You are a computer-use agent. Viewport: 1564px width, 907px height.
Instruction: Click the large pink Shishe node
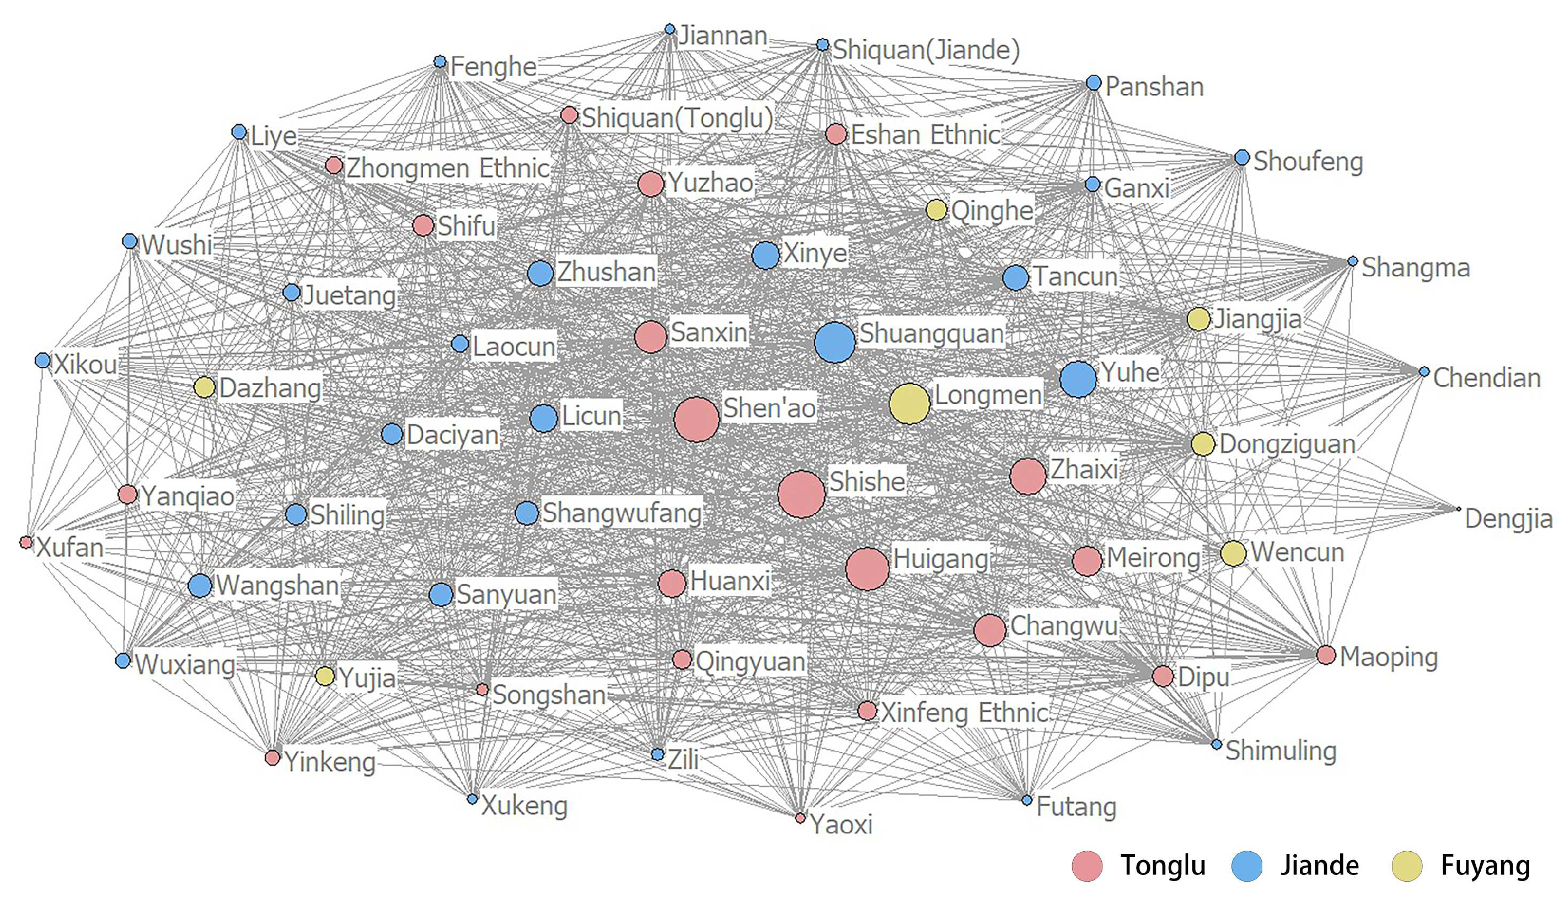tap(801, 494)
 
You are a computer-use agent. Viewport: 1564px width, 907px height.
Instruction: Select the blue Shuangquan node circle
tap(835, 342)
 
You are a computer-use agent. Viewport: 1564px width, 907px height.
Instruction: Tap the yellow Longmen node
tap(909, 403)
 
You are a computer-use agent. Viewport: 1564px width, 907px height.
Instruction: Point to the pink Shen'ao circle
tap(697, 420)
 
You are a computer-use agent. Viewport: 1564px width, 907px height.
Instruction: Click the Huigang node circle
tap(867, 568)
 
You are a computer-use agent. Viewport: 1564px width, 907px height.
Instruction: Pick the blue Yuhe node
tap(1078, 378)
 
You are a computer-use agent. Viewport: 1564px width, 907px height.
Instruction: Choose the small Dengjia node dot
tap(1459, 509)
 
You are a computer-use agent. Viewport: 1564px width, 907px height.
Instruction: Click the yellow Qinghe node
tap(936, 210)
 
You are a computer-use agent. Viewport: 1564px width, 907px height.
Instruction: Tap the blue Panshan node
tap(1094, 83)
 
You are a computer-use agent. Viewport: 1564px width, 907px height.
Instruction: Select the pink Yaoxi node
tap(801, 818)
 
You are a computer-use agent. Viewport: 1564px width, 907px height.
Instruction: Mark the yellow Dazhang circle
tap(204, 387)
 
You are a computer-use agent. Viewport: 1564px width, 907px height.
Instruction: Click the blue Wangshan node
tap(200, 585)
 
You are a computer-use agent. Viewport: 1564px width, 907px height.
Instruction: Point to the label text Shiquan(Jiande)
tap(926, 50)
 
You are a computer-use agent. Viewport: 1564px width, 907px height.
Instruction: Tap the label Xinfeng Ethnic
tap(965, 712)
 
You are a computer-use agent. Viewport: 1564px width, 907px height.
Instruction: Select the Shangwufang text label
tap(622, 513)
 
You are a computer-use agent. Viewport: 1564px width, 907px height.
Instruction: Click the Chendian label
tap(1486, 377)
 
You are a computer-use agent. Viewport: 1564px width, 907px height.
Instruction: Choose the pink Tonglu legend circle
tap(1087, 866)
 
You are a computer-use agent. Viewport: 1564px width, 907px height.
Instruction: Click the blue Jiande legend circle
tap(1247, 866)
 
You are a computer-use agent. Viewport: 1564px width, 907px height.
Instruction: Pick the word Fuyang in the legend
tap(1485, 866)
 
